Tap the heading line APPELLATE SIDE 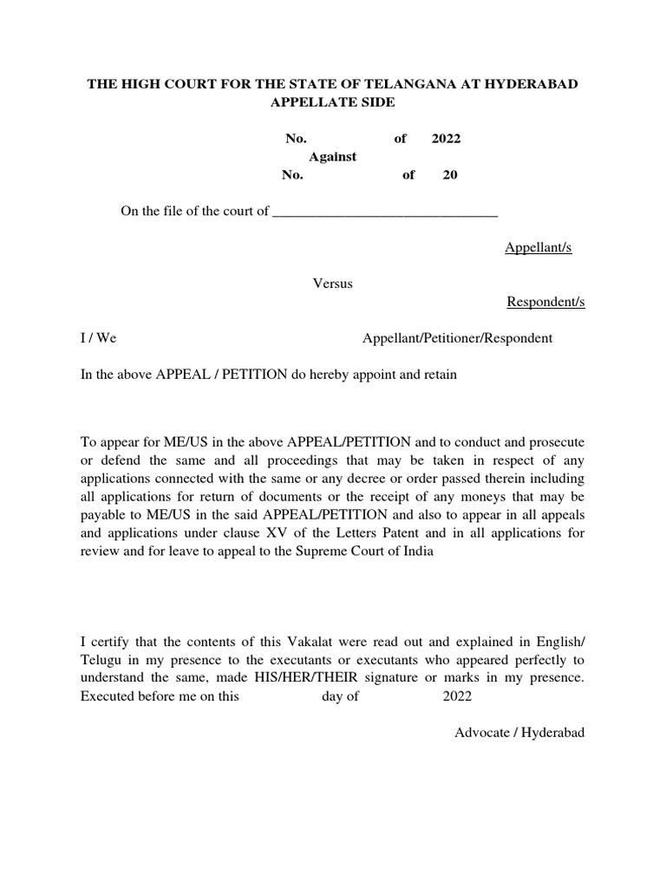(333, 102)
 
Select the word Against (334, 157)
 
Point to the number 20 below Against (450, 175)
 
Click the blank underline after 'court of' (385, 212)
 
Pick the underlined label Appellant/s (538, 249)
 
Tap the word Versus (332, 284)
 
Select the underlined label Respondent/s (545, 303)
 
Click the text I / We (98, 338)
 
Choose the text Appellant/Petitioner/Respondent (457, 338)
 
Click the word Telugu (102, 660)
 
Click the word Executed (109, 696)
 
